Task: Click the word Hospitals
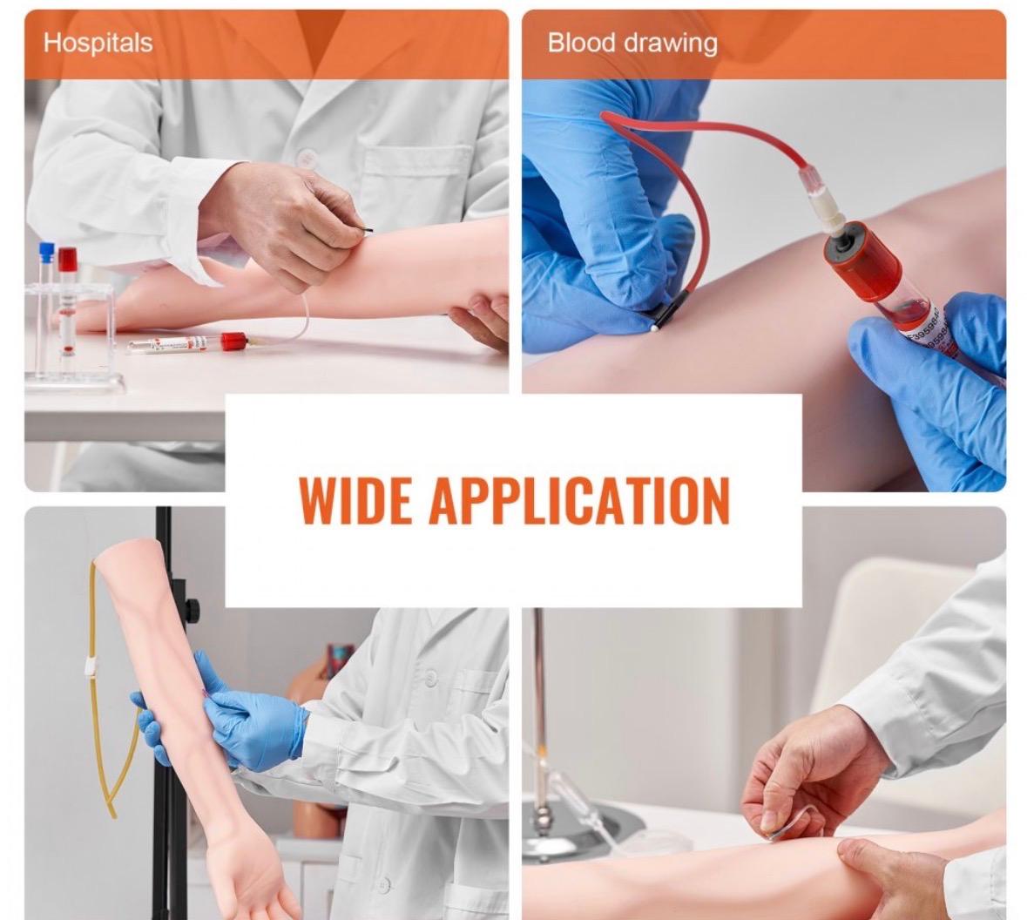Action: tap(98, 44)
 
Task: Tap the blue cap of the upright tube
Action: tap(46, 251)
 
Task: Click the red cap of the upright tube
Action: tap(67, 259)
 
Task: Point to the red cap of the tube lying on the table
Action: tap(234, 341)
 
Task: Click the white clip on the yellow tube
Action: tap(91, 667)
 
